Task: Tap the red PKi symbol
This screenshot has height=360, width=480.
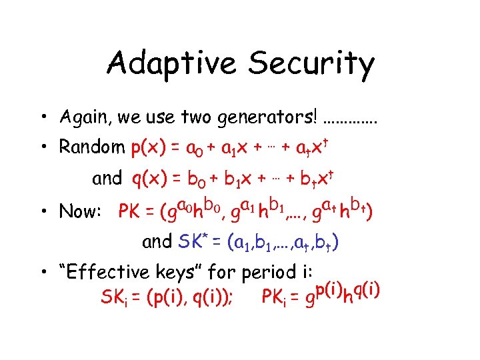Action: [x=274, y=297]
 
